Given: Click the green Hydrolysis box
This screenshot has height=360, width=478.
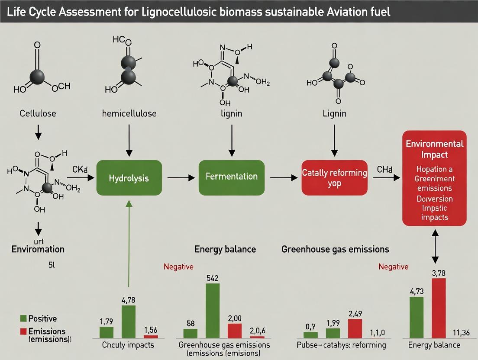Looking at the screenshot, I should tap(129, 178).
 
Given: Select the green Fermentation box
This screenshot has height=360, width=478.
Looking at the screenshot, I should tap(231, 177).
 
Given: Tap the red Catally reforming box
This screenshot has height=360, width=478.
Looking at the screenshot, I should tap(334, 178).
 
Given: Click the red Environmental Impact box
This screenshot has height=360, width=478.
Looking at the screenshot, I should tap(434, 178).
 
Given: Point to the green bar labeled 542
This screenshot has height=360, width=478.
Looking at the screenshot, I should tap(212, 310).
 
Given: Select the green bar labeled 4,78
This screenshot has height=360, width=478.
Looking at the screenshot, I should tap(129, 321).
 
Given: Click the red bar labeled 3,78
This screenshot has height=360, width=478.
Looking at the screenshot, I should tap(439, 308).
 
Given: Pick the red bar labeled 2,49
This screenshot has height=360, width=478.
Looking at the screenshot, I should tap(355, 328).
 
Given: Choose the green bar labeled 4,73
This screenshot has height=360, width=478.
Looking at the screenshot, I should tap(417, 317).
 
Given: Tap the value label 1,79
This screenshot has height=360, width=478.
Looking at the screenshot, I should tap(106, 321).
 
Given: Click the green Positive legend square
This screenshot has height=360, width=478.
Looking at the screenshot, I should tap(23, 319).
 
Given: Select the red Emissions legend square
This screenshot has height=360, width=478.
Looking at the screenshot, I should tap(23, 331).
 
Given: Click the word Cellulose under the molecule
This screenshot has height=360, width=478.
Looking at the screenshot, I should tap(38, 114).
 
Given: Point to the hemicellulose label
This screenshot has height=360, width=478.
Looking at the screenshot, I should tap(129, 114).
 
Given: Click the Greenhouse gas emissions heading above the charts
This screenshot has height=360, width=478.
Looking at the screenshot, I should tap(335, 249).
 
